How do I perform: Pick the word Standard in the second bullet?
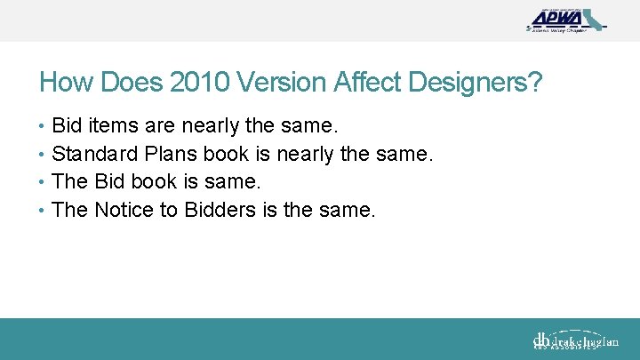coord(93,154)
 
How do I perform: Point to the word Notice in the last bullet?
coord(123,211)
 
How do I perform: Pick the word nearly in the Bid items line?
coord(196,125)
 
